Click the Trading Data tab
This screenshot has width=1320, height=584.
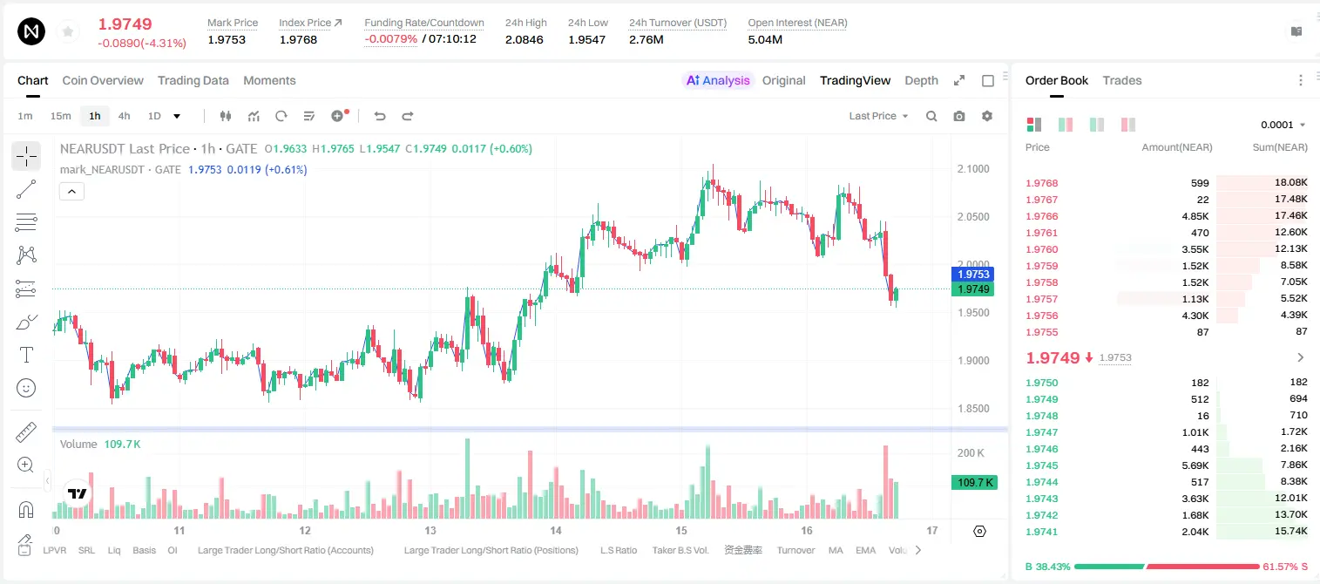click(193, 80)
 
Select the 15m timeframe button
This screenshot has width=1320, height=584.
click(60, 116)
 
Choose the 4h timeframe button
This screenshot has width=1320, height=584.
click(124, 116)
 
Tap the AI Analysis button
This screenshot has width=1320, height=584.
click(718, 80)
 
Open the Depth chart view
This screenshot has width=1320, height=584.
click(921, 80)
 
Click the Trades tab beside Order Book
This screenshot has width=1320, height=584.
click(1122, 80)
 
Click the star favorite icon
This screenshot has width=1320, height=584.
click(68, 31)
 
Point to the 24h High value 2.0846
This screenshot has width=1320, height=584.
click(524, 39)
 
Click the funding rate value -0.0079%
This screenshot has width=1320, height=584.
click(390, 39)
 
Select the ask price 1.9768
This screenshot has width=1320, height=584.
click(1041, 183)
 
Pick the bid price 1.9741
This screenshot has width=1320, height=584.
click(1041, 532)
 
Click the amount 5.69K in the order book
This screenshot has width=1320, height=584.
click(1195, 465)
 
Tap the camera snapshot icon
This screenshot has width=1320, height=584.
click(959, 116)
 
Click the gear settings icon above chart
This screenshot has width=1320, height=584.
click(987, 116)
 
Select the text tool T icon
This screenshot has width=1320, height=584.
click(26, 355)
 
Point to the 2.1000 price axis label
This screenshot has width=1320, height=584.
click(973, 169)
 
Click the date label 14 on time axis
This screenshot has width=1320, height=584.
click(556, 530)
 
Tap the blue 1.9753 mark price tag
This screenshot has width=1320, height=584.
click(973, 274)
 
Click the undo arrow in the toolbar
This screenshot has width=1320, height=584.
click(380, 116)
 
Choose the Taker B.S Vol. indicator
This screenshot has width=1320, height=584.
click(680, 550)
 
